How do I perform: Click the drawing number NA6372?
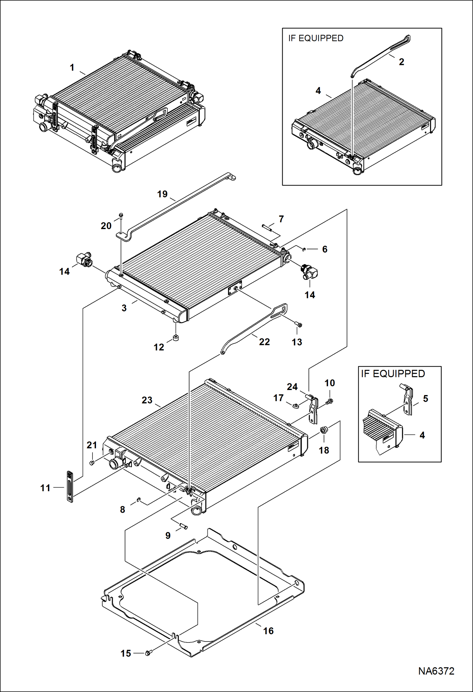point(436,671)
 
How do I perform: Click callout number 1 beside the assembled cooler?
point(72,68)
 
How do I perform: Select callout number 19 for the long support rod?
point(162,194)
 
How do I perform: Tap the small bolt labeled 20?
point(121,216)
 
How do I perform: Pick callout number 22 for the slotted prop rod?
point(264,342)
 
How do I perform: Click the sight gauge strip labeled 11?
point(69,486)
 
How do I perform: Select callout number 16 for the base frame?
point(268,631)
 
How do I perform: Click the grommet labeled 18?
point(323,430)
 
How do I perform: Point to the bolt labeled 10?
point(330,401)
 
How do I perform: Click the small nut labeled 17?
point(296,406)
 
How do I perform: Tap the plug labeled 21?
point(92,463)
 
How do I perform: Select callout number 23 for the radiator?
point(147,400)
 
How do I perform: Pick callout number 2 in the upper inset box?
point(401,62)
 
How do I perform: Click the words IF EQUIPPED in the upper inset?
point(315,38)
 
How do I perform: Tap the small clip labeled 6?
point(303,249)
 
